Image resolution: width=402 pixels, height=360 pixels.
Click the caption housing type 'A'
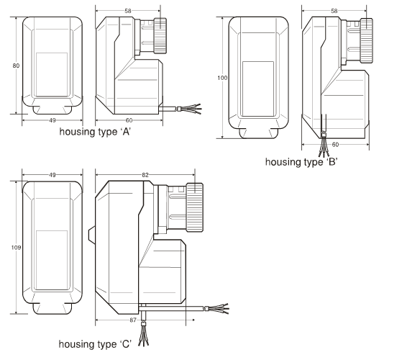[x=95, y=132]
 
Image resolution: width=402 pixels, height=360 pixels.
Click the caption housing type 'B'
[x=301, y=162]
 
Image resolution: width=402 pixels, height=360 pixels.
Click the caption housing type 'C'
[x=95, y=344]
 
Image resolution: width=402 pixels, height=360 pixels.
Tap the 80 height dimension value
[x=16, y=66]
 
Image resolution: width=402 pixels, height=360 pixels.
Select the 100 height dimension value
[x=222, y=78]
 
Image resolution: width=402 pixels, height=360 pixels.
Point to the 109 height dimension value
[x=16, y=248]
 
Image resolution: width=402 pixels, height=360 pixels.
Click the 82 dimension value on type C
[x=145, y=175]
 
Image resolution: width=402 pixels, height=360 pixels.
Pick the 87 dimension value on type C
[x=133, y=320]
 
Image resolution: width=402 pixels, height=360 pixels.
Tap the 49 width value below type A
[x=52, y=120]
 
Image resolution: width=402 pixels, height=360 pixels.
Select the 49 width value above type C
[x=52, y=175]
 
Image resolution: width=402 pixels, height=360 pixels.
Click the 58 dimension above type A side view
[x=128, y=11]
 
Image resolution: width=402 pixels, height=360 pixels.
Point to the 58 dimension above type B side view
[x=334, y=11]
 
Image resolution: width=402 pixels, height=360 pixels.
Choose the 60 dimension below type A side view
[x=129, y=120]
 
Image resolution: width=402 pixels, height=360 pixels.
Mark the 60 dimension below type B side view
[x=335, y=145]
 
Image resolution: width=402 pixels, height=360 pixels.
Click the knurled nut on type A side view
[x=160, y=36]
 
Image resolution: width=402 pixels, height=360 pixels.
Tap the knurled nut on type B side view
[x=366, y=40]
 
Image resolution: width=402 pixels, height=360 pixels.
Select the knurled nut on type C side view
[x=195, y=207]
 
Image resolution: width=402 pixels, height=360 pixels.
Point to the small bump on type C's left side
[x=92, y=235]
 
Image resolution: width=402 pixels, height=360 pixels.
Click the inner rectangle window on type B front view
[x=258, y=89]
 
